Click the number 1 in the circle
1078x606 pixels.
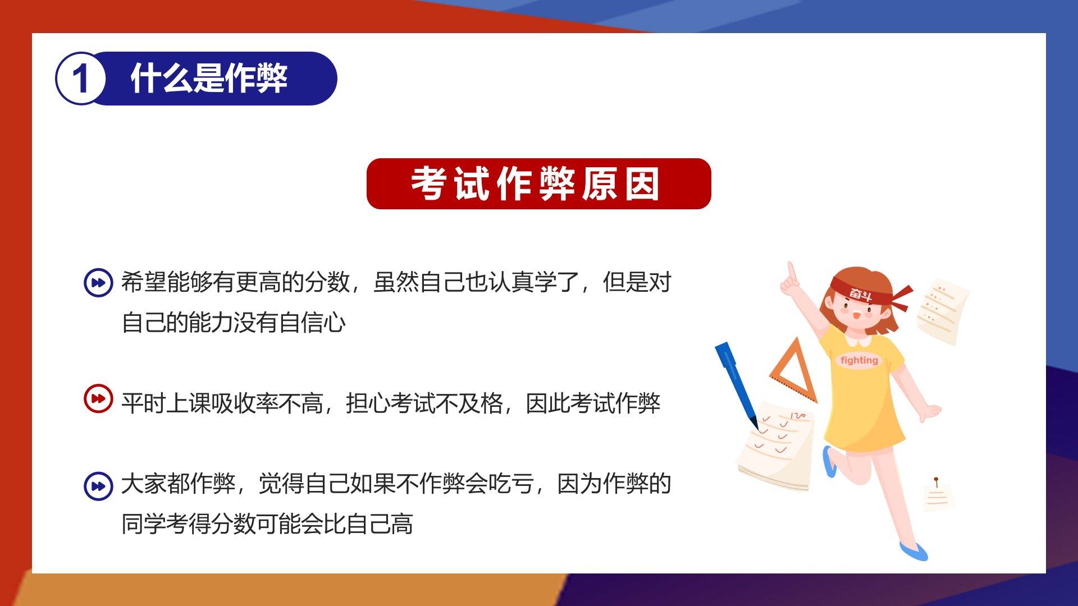click(80, 79)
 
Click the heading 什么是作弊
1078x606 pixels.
click(209, 78)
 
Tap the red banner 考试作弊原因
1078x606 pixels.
click(538, 183)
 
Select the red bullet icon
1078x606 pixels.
click(98, 399)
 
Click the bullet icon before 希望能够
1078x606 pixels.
click(98, 282)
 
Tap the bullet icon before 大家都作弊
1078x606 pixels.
click(98, 485)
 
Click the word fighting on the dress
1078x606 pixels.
click(859, 360)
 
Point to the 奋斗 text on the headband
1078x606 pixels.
click(860, 293)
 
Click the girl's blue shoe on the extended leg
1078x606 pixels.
click(913, 552)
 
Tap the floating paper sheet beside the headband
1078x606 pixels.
click(942, 310)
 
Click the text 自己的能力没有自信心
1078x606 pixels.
click(234, 323)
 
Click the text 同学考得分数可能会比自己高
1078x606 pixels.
click(267, 524)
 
